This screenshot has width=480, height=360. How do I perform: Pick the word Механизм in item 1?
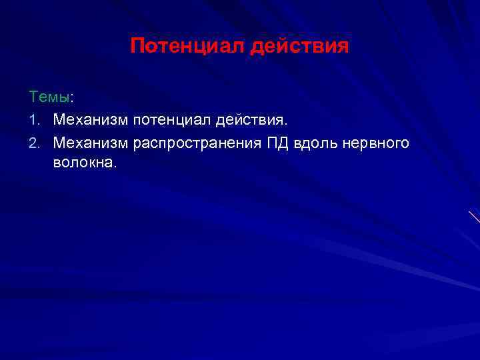pyautogui.click(x=91, y=121)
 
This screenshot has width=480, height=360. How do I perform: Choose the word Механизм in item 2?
pyautogui.click(x=91, y=143)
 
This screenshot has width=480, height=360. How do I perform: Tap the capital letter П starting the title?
pyautogui.click(x=136, y=46)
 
